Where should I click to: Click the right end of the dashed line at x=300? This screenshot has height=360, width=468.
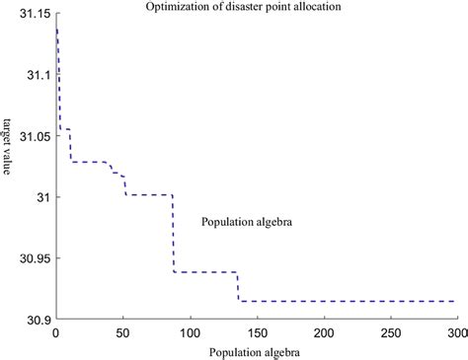coord(454,301)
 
